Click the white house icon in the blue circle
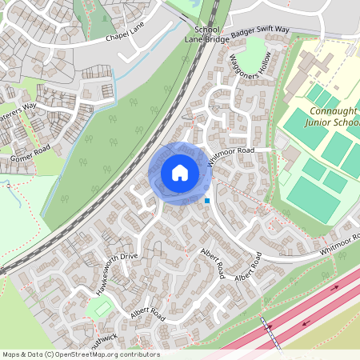180,172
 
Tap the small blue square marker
207,200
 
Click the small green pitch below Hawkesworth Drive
101,307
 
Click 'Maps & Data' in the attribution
22,354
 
